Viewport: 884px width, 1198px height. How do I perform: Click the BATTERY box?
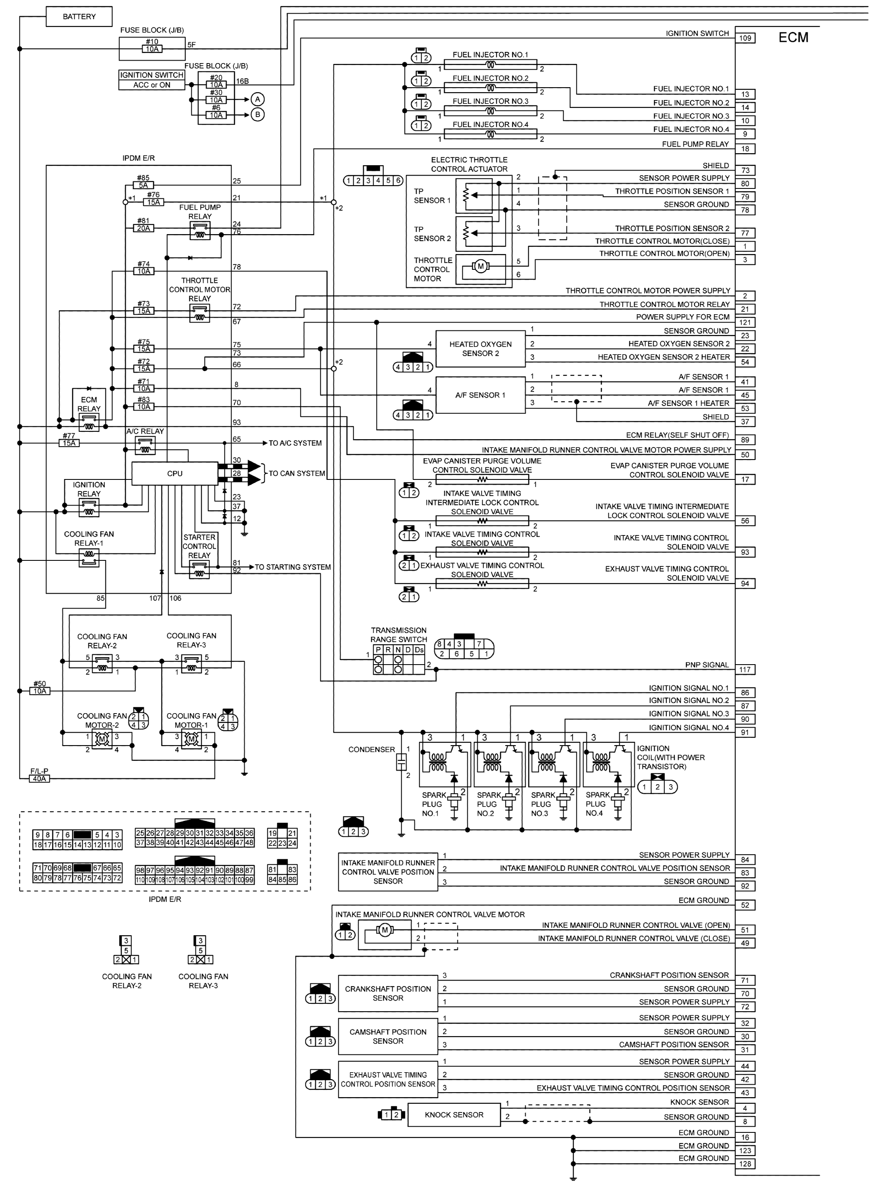pyautogui.click(x=79, y=17)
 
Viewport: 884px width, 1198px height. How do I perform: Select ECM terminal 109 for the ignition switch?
pyautogui.click(x=745, y=38)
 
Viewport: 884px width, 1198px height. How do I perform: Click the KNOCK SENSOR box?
pyautogui.click(x=454, y=1115)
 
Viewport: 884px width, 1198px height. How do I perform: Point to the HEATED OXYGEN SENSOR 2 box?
pyautogui.click(x=480, y=349)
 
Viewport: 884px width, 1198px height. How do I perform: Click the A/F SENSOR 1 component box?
pyautogui.click(x=480, y=395)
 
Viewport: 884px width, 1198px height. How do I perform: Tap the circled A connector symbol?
pyautogui.click(x=257, y=100)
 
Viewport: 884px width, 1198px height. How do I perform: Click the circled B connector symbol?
pyautogui.click(x=257, y=115)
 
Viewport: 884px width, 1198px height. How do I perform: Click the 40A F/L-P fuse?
pyautogui.click(x=39, y=778)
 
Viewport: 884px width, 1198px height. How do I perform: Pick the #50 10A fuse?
pyautogui.click(x=39, y=691)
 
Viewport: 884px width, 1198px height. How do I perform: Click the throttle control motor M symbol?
pyautogui.click(x=480, y=266)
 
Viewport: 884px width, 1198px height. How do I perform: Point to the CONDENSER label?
pyautogui.click(x=371, y=750)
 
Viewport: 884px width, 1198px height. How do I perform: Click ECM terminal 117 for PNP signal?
pyautogui.click(x=745, y=669)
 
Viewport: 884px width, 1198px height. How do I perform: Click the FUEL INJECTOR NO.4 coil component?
pyautogui.click(x=490, y=135)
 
